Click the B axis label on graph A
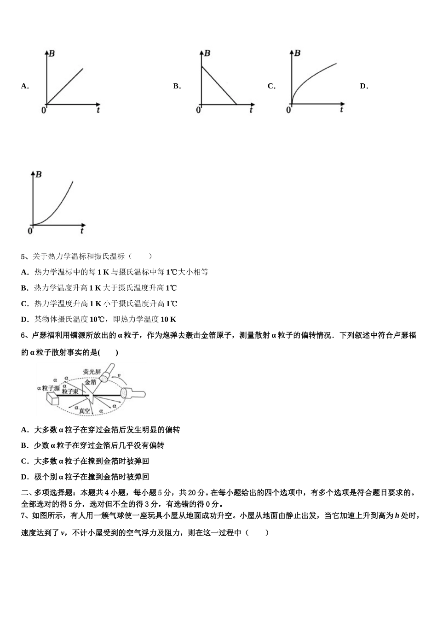pos(52,53)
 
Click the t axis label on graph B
pos(251,110)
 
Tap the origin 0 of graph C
pos(288,110)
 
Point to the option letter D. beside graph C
pos(364,86)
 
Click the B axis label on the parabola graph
pos(39,175)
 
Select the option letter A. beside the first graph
pos(25,86)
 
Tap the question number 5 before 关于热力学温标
pos(23,257)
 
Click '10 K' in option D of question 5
pos(168,319)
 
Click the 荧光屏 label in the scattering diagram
pos(91,371)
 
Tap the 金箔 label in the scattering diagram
pos(91,381)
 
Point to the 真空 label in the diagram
pos(84,410)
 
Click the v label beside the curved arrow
pos(120,375)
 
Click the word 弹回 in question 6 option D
pos(142,477)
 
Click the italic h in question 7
pos(397,516)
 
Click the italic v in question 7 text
pos(63,533)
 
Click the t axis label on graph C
pos(341,110)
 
